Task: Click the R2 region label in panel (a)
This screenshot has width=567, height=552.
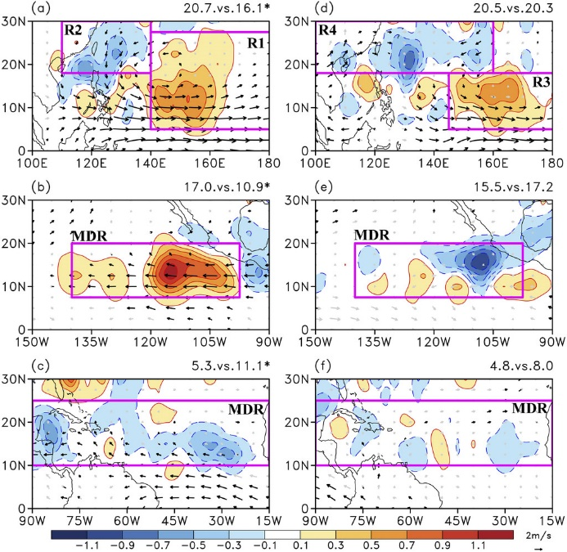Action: [73, 30]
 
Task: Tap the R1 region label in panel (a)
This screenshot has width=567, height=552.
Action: [255, 43]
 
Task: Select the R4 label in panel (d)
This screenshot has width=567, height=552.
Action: [327, 30]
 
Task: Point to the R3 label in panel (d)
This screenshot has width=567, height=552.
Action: [541, 82]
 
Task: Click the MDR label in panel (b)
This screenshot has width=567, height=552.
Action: [89, 236]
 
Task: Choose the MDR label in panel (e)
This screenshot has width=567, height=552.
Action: [372, 236]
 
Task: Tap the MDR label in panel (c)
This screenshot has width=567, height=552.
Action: [246, 410]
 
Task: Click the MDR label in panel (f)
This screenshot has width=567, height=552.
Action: [529, 409]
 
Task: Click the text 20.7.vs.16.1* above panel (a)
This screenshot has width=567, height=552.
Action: [227, 8]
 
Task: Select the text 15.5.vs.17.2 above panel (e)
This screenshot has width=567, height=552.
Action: [514, 187]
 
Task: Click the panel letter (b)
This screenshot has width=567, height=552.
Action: [41, 187]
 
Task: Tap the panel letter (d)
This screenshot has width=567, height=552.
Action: [323, 8]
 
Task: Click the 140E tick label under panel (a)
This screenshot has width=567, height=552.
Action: [151, 163]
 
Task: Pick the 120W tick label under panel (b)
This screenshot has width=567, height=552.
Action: [151, 342]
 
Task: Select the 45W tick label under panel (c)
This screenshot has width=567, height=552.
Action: [174, 521]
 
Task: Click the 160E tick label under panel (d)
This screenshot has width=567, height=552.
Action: [493, 163]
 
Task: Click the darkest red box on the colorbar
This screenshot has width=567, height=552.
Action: [496, 535]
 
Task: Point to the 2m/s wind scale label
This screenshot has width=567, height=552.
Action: [538, 536]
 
